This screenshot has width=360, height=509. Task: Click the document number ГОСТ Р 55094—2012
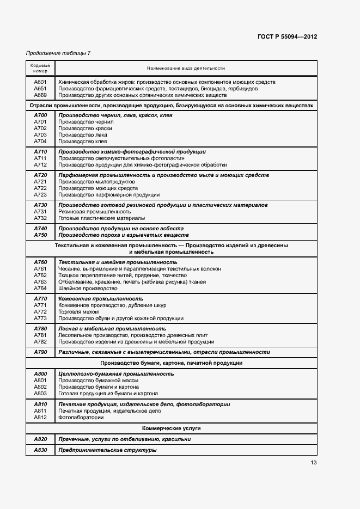(x=287, y=37)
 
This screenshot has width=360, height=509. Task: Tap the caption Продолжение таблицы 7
(x=58, y=53)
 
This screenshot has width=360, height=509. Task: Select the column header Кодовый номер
(x=40, y=68)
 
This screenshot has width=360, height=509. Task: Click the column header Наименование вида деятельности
(x=186, y=68)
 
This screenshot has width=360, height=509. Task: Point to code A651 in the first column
(x=40, y=89)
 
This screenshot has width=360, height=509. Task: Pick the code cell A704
(x=40, y=142)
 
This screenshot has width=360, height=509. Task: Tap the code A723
(x=40, y=194)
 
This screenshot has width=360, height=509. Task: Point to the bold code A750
(x=40, y=235)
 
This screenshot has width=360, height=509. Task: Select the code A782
(x=40, y=342)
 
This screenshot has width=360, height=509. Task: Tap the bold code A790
(x=40, y=352)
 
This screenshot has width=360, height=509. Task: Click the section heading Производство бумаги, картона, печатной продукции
(x=172, y=363)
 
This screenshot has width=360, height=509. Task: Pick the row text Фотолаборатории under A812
(x=81, y=418)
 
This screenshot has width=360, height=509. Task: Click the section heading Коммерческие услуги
(x=172, y=428)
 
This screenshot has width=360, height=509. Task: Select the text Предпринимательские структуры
(x=107, y=450)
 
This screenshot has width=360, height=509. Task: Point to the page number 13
(x=314, y=463)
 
